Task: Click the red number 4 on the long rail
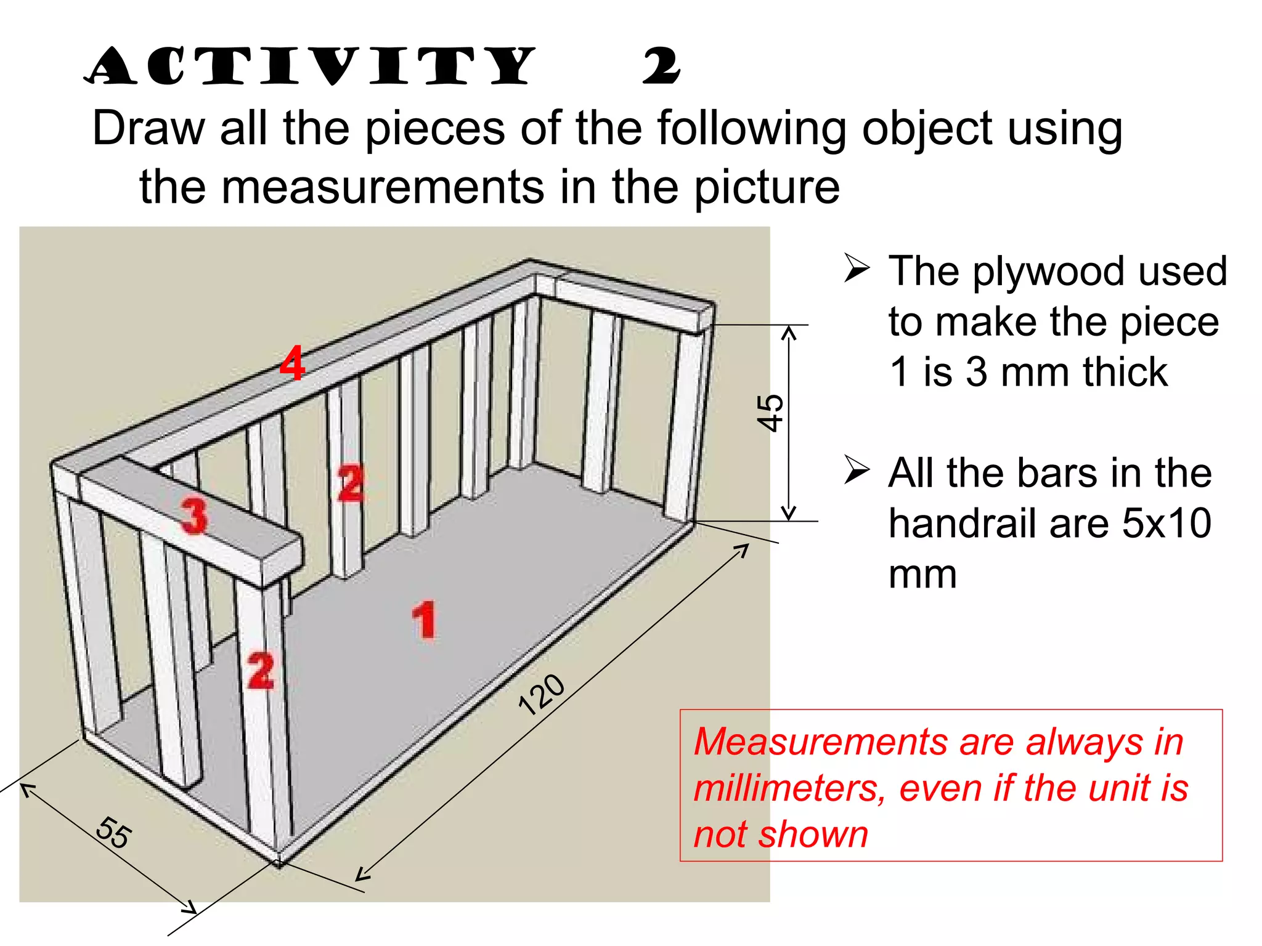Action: (x=292, y=363)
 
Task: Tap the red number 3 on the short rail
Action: (x=194, y=516)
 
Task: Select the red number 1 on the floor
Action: (x=424, y=620)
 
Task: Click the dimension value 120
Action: (x=541, y=695)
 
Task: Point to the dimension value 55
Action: (x=113, y=833)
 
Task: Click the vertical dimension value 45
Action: (x=770, y=413)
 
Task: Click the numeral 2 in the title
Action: (x=661, y=67)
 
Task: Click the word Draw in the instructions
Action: (x=148, y=129)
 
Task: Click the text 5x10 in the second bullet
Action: (x=1166, y=524)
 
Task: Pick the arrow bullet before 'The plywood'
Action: (x=857, y=269)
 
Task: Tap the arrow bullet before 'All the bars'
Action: (x=857, y=471)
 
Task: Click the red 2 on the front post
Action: (x=261, y=671)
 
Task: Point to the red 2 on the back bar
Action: (x=350, y=483)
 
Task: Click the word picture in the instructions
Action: (x=767, y=187)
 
